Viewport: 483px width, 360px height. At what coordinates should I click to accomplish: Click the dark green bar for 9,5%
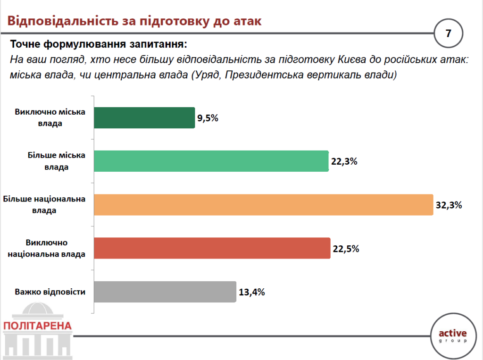tap(144, 118)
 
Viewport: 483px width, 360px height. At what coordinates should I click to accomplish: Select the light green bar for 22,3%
tap(211, 161)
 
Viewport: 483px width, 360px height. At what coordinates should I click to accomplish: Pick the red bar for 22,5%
tap(212, 248)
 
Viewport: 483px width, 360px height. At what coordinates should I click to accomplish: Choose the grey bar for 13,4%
tap(165, 292)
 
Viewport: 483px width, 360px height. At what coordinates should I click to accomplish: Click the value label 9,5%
tap(208, 118)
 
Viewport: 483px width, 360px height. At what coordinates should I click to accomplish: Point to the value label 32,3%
tap(448, 205)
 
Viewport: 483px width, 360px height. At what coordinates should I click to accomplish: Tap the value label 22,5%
tap(346, 249)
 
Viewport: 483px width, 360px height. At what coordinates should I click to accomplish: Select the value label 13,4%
tap(251, 292)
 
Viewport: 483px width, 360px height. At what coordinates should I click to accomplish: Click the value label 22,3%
tap(344, 162)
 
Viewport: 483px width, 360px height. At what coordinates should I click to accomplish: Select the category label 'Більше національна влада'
tap(44, 205)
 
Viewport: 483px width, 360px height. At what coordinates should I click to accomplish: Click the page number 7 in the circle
tap(448, 33)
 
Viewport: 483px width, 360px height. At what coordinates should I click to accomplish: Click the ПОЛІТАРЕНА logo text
tap(37, 326)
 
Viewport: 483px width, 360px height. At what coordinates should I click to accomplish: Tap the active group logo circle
tap(452, 335)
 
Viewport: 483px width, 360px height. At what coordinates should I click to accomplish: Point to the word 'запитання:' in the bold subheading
tap(159, 45)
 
